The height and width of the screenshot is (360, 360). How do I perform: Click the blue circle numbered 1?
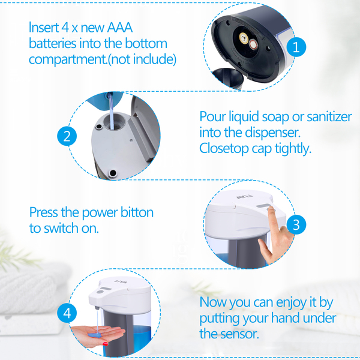[x=296, y=47]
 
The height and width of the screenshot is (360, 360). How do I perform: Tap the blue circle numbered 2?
[x=67, y=136]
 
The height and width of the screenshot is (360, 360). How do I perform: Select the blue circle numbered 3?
[x=296, y=224]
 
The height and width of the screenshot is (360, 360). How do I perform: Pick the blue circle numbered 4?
[x=67, y=313]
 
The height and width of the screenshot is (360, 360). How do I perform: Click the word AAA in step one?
[x=119, y=28]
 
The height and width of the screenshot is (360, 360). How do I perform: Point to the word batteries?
[x=53, y=43]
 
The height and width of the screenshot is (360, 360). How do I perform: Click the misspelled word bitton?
[x=137, y=212]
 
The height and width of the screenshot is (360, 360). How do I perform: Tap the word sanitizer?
[x=329, y=116]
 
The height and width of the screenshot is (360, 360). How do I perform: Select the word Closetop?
[x=224, y=149]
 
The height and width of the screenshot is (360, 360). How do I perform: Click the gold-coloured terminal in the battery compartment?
[x=244, y=37]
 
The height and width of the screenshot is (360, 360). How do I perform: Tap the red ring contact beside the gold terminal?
[x=253, y=44]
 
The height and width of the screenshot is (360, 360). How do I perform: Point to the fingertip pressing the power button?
[x=271, y=209]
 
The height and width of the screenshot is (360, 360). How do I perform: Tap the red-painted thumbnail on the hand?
[x=106, y=344]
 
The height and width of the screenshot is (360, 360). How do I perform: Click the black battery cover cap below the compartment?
[x=228, y=77]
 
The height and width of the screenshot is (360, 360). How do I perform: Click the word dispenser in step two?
[x=273, y=133]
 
